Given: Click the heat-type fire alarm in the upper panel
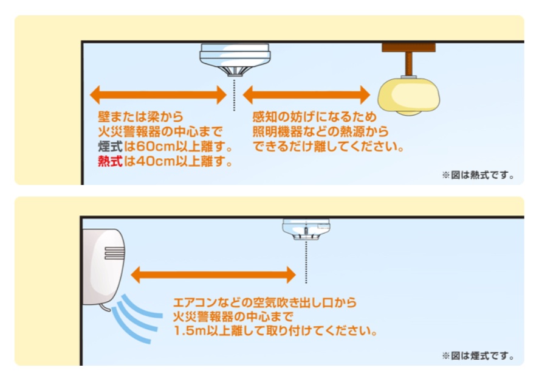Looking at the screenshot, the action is [x=235, y=59].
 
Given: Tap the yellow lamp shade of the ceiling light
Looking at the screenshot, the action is [x=408, y=96].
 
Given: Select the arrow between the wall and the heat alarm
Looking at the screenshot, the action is [x=158, y=95].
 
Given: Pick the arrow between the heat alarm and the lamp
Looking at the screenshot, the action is [x=306, y=95].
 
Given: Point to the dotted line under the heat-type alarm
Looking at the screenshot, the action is [x=235, y=96].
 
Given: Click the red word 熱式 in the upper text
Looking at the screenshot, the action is [x=110, y=161].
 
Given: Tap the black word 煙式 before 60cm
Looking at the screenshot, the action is [x=110, y=146].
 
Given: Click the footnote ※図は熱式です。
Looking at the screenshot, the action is [x=478, y=175].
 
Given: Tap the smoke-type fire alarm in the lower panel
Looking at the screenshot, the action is [x=306, y=229].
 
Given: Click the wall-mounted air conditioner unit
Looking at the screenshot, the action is [x=103, y=268].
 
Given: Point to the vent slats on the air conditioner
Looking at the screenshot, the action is [x=114, y=253].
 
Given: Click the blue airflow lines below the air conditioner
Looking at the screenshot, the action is [x=137, y=318].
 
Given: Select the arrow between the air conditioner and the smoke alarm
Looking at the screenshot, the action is [x=213, y=274].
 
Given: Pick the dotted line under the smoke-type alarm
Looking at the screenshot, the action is [x=306, y=262].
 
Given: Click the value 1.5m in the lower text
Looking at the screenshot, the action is [x=189, y=330].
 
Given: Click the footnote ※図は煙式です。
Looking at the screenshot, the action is [x=478, y=356].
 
